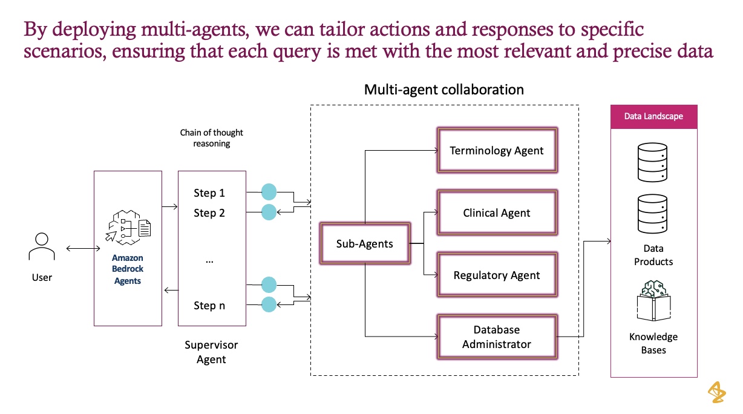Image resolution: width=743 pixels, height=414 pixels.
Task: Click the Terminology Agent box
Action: pyautogui.click(x=497, y=150)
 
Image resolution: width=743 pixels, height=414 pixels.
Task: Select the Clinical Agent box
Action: pyautogui.click(x=497, y=212)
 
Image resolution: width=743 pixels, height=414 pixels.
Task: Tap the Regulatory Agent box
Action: pyautogui.click(x=497, y=275)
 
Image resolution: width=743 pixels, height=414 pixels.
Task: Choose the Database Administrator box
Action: pyautogui.click(x=497, y=337)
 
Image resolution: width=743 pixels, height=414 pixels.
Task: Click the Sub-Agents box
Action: pyautogui.click(x=365, y=244)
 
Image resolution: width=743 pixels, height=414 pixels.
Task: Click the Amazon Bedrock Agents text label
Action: pyautogui.click(x=128, y=269)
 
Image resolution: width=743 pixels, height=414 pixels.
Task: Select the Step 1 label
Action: pyautogui.click(x=209, y=193)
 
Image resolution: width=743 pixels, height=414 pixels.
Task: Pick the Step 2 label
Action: pyautogui.click(x=209, y=212)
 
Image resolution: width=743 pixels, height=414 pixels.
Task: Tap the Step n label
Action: pyautogui.click(x=209, y=306)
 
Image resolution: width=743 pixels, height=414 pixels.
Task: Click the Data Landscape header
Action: pyautogui.click(x=653, y=116)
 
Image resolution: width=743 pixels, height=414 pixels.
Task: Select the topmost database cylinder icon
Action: pyautogui.click(x=653, y=162)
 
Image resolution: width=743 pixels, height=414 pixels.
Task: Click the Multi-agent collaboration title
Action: pyautogui.click(x=444, y=90)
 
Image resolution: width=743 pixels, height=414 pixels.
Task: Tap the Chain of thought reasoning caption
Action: pyautogui.click(x=211, y=138)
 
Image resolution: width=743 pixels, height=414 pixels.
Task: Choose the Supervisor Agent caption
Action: pyautogui.click(x=211, y=352)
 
